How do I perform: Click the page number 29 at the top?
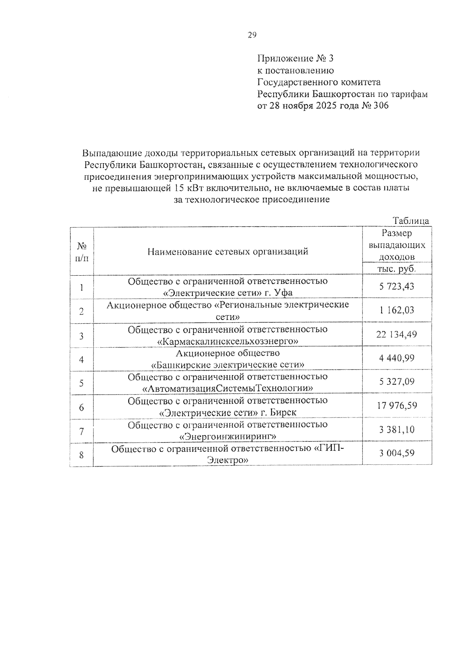[252, 35]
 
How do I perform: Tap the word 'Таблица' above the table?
[411, 221]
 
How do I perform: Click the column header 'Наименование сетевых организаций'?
[228, 251]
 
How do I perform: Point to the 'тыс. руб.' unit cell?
[397, 268]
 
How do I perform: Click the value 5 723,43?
[397, 286]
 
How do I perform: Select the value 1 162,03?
[397, 310]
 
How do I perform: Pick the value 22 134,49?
[397, 334]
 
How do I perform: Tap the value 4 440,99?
[397, 358]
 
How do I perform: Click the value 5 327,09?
[397, 381]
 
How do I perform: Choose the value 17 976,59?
[397, 405]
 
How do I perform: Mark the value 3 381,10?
[397, 430]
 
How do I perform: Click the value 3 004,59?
[397, 453]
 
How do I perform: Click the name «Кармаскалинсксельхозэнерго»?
[228, 341]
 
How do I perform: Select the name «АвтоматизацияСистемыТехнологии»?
[228, 389]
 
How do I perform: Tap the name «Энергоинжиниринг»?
[228, 436]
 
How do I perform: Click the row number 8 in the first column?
[81, 454]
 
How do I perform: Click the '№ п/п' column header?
[82, 252]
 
